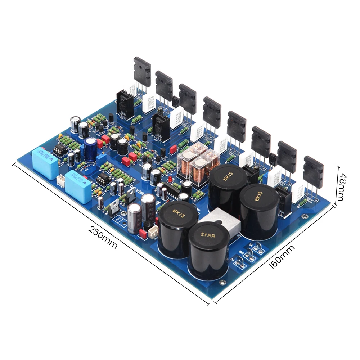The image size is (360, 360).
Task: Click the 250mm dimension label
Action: coord(104,238)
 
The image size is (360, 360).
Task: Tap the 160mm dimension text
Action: coord(282,257)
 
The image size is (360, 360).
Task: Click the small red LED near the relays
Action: coord(170,179)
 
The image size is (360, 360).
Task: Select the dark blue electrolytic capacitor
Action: coord(91,150)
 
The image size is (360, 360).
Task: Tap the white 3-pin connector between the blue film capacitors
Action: coord(61,179)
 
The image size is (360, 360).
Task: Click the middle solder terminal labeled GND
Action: coord(250,257)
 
